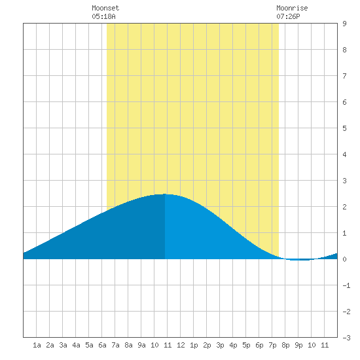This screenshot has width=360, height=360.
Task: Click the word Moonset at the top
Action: (105, 8)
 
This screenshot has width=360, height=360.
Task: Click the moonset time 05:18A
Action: (103, 16)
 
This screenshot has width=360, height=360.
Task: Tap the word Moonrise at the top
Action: (292, 8)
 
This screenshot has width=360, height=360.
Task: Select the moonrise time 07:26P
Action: (288, 16)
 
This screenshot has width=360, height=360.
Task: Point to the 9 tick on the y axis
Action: (344, 24)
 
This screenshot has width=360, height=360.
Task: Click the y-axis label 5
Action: (344, 128)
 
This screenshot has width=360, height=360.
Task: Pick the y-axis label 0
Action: (344, 259)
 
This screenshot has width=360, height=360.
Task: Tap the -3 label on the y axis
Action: (346, 338)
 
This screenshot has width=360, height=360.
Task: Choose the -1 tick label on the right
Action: (346, 285)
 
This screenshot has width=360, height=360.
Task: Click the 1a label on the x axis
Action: (37, 345)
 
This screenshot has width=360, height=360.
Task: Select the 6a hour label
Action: (102, 345)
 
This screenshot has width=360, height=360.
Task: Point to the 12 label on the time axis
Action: (181, 345)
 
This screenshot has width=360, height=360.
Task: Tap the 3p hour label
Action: (220, 345)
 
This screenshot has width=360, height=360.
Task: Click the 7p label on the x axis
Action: (272, 345)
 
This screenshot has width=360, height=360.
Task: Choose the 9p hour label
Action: (298, 345)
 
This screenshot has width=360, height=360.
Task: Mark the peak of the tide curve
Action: (164, 194)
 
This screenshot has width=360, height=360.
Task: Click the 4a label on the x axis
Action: (76, 345)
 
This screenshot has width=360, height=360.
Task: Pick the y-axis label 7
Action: (344, 76)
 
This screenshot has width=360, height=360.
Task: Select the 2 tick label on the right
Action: (344, 207)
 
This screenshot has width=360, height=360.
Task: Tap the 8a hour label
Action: (128, 345)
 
